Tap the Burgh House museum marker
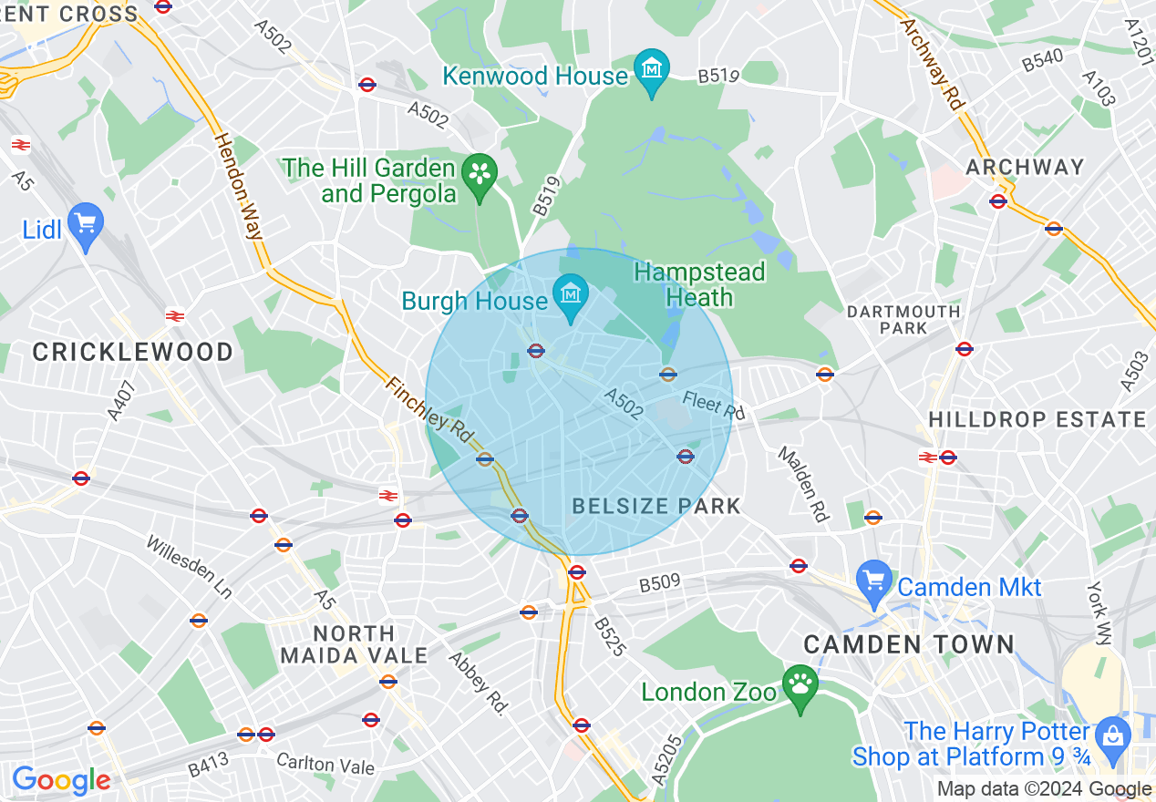pyautogui.click(x=571, y=297)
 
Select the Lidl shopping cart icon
pyautogui.click(x=87, y=223)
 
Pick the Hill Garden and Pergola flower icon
pyautogui.click(x=480, y=174)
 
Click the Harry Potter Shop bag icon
pyautogui.click(x=1112, y=736)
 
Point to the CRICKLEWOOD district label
pyautogui.click(x=133, y=352)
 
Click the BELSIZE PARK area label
pyautogui.click(x=656, y=507)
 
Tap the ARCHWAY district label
pyautogui.click(x=1025, y=167)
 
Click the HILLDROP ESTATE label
pyautogui.click(x=1037, y=419)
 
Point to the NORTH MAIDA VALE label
pyautogui.click(x=354, y=643)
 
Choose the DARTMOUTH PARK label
pyautogui.click(x=903, y=319)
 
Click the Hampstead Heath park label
pyautogui.click(x=699, y=284)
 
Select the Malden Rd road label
pyautogui.click(x=803, y=483)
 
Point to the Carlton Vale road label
pyautogui.click(x=325, y=764)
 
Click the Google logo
pyautogui.click(x=61, y=780)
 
